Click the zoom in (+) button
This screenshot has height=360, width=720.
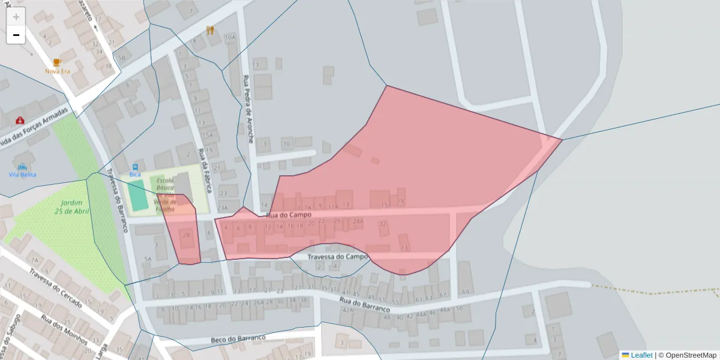pyautogui.click(x=16, y=17)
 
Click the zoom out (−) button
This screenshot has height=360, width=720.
pyautogui.click(x=16, y=35)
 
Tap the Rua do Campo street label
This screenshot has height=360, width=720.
pyautogui.click(x=289, y=214)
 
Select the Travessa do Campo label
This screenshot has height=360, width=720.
pyautogui.click(x=337, y=257)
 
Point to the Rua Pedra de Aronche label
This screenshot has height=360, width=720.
pyautogui.click(x=248, y=109)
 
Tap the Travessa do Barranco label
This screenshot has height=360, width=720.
pyautogui.click(x=118, y=199)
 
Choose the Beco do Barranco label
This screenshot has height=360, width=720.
pyautogui.click(x=238, y=339)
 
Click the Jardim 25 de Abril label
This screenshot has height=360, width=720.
pyautogui.click(x=71, y=207)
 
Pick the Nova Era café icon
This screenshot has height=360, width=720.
pyautogui.click(x=57, y=62)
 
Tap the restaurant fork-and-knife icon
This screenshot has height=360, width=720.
pyautogui.click(x=210, y=30)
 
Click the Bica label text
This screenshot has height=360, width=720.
pyautogui.click(x=135, y=175)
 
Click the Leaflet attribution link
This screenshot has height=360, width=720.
pyautogui.click(x=641, y=355)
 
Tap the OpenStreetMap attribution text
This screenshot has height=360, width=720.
pyautogui.click(x=691, y=355)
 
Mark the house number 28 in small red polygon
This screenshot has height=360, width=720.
pyautogui.click(x=186, y=235)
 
